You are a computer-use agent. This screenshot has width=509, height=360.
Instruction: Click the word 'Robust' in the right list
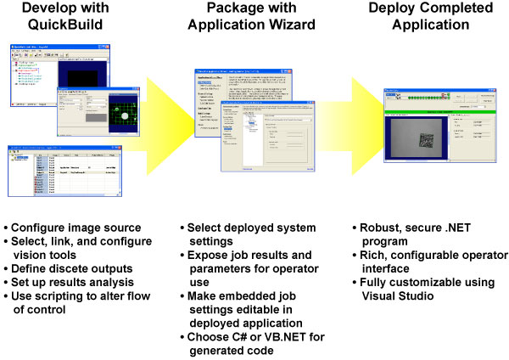pos(378,229)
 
